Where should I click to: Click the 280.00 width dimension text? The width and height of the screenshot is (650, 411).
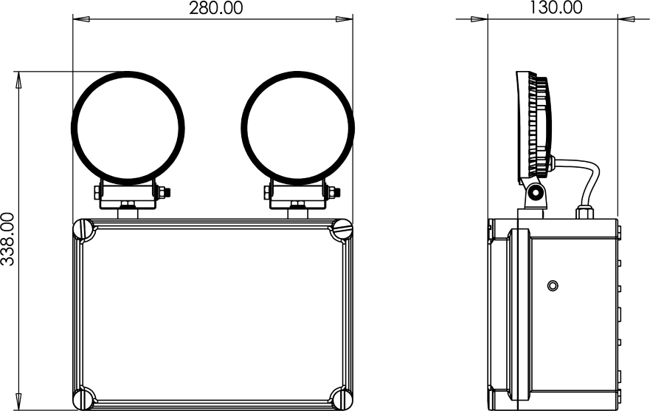215,8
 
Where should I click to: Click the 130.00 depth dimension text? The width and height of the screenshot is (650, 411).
556,7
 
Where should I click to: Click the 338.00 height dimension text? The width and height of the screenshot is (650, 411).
8,239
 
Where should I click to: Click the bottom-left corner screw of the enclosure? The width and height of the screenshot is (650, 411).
84,398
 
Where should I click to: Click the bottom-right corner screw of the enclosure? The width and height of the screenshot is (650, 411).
342,398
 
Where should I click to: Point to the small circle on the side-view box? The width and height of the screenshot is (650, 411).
552,285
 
